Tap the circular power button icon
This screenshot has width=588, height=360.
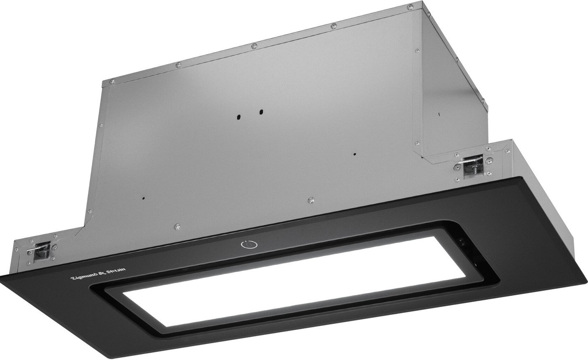pos(249,244)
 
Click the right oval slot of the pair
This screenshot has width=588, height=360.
pos(261,112)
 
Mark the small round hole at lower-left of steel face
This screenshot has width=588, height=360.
pos(143,198)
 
